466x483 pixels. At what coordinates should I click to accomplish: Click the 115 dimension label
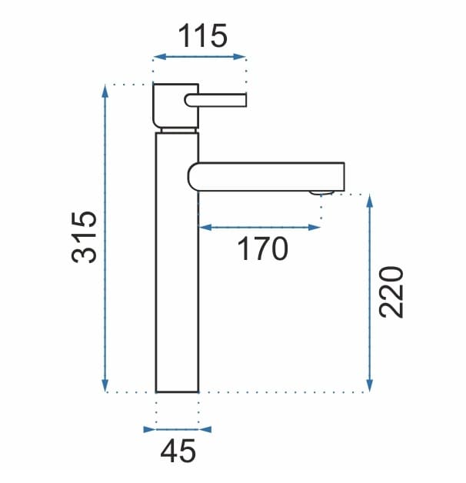coord(202,35)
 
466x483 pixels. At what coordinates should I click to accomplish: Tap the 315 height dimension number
coord(84,237)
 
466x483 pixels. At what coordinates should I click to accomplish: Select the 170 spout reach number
coord(262,249)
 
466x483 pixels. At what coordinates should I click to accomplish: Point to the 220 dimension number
coord(391,291)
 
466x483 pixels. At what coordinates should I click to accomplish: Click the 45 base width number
coord(178,451)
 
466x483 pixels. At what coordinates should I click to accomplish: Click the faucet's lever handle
coord(215,100)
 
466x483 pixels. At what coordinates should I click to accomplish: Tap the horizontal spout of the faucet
coord(266,177)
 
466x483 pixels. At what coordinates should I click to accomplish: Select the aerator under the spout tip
coord(322,193)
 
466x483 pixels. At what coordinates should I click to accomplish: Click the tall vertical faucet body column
coord(177,262)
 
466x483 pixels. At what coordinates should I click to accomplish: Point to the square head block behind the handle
coord(175,105)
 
